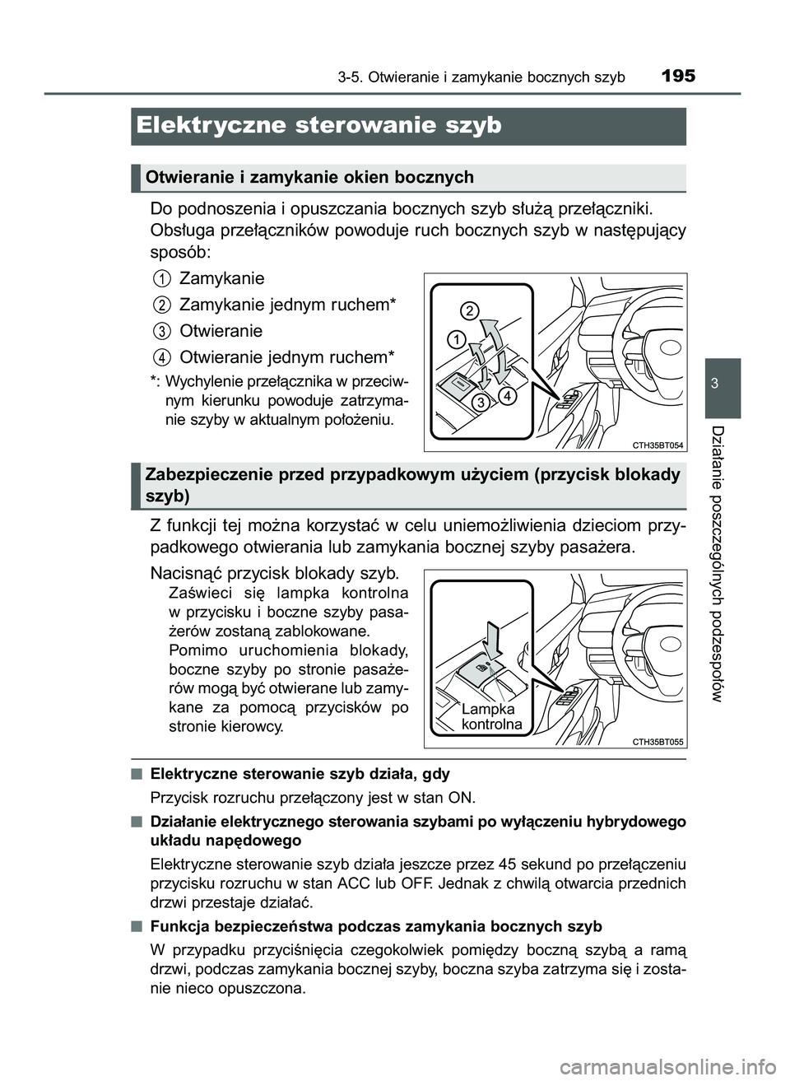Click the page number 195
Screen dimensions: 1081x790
coord(677,76)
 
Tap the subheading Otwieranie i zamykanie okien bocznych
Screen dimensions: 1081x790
coord(309,177)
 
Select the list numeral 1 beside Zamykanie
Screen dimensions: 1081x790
coord(161,278)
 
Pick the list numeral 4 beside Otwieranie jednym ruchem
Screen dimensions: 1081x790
coord(161,357)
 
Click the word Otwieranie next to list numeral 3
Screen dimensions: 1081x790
coord(221,331)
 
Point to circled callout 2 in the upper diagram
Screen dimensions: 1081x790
coord(468,310)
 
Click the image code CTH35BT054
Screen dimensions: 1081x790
coord(658,444)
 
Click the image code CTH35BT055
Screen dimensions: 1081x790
coord(658,741)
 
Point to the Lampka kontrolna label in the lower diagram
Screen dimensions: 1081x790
coord(491,717)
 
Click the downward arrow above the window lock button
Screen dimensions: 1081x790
coord(491,639)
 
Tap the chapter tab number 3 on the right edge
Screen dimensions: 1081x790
coord(722,384)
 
